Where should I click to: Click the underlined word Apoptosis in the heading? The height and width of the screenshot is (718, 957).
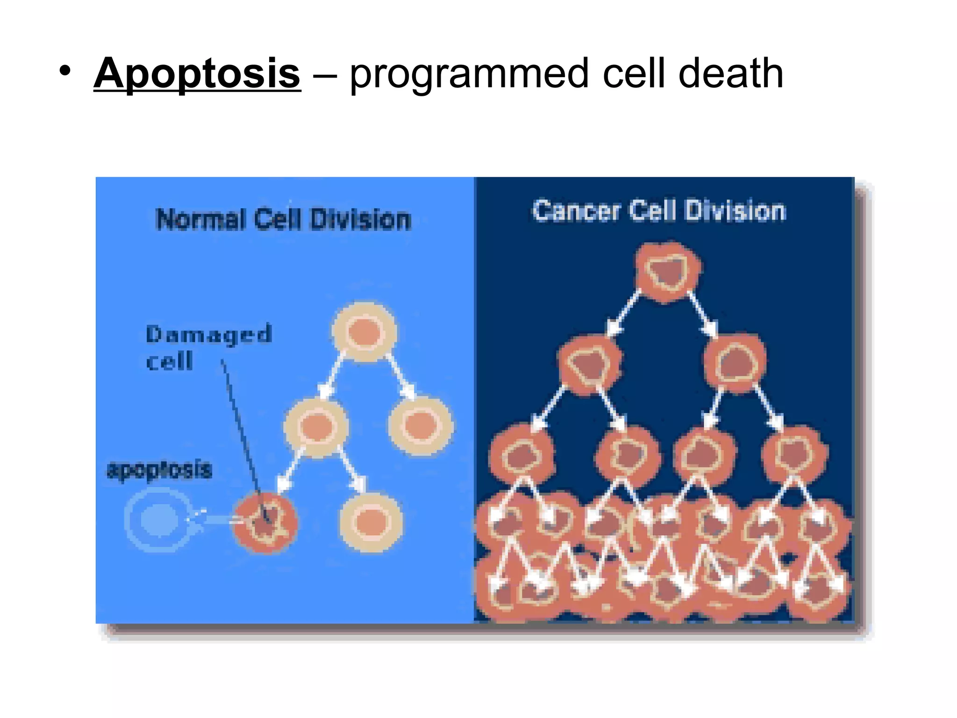(197, 73)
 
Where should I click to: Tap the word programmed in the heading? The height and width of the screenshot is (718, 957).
(469, 75)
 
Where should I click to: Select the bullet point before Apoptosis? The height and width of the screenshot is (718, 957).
(65, 72)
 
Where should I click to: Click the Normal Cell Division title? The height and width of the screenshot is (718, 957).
(283, 219)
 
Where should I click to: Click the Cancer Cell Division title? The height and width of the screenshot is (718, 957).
(659, 210)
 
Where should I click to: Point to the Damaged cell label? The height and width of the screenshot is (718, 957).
(208, 347)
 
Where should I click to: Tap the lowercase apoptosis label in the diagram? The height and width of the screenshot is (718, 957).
(159, 470)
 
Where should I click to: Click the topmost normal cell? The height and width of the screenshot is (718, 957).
(364, 332)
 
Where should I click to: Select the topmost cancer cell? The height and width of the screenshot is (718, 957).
(668, 271)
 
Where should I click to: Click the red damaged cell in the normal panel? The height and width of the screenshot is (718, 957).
(265, 522)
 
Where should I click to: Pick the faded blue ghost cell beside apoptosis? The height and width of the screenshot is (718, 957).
(159, 519)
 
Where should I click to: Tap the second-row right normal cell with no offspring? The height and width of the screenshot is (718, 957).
(421, 424)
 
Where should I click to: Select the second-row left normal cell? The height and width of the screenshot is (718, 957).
(316, 427)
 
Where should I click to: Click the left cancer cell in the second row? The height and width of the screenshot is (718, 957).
(590, 365)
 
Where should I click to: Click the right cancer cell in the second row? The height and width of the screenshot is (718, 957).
(735, 363)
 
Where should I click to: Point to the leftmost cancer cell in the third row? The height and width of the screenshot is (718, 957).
(521, 453)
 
